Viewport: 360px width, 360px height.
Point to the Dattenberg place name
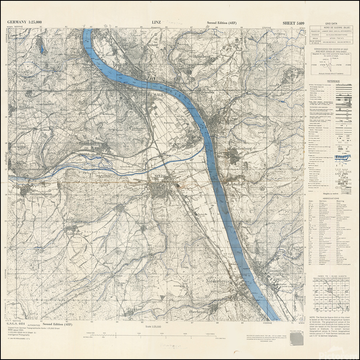coord(241,149)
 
